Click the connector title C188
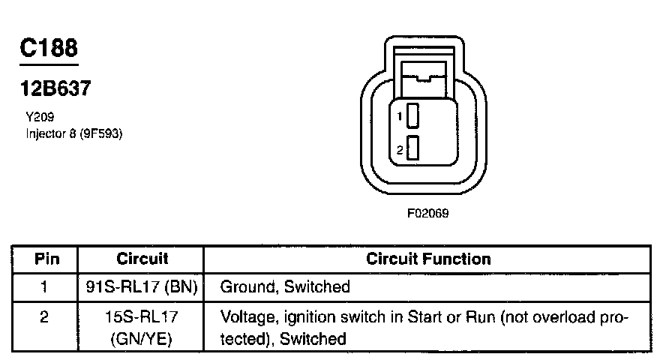pyautogui.click(x=48, y=48)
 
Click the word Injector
pyautogui.click(x=44, y=134)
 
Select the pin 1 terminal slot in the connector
pyautogui.click(x=413, y=117)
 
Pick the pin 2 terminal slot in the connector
pyautogui.click(x=413, y=148)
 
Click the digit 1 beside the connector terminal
pyautogui.click(x=400, y=117)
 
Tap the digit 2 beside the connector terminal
pyautogui.click(x=400, y=150)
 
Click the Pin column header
pyautogui.click(x=45, y=259)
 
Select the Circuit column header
pyautogui.click(x=142, y=259)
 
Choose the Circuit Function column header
pyautogui.click(x=428, y=259)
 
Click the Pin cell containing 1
pyautogui.click(x=45, y=286)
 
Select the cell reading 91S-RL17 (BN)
pyautogui.click(x=142, y=286)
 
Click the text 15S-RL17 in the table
pyautogui.click(x=142, y=318)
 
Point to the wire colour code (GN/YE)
pyautogui.click(x=142, y=339)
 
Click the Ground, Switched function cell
pyautogui.click(x=285, y=286)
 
